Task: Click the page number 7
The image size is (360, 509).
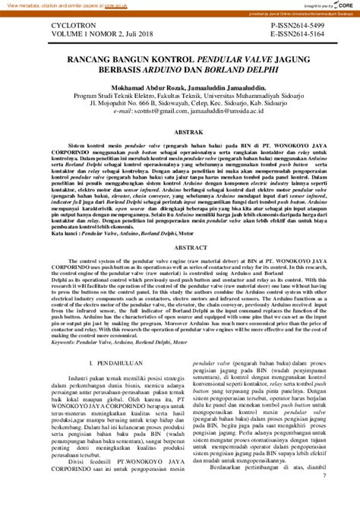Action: tap(324, 497)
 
